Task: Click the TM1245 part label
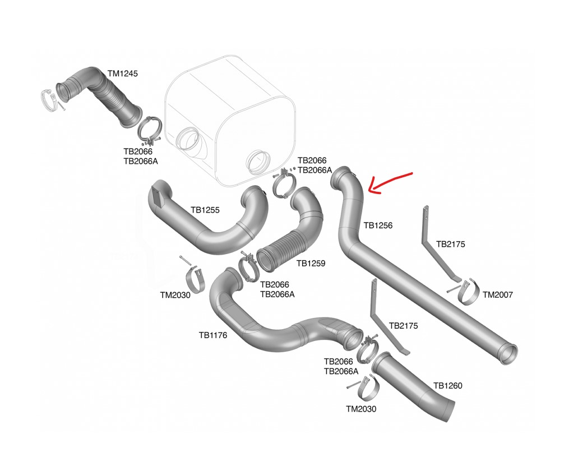point(122,73)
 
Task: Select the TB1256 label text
point(378,225)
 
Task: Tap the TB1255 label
point(205,210)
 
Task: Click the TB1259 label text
point(311,262)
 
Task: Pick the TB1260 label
point(447,386)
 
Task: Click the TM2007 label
point(497,294)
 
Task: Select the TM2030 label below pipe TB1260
point(361,409)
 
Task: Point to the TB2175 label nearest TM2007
point(450,244)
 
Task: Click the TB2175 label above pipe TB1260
point(403,325)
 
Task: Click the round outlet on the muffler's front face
point(259,162)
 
